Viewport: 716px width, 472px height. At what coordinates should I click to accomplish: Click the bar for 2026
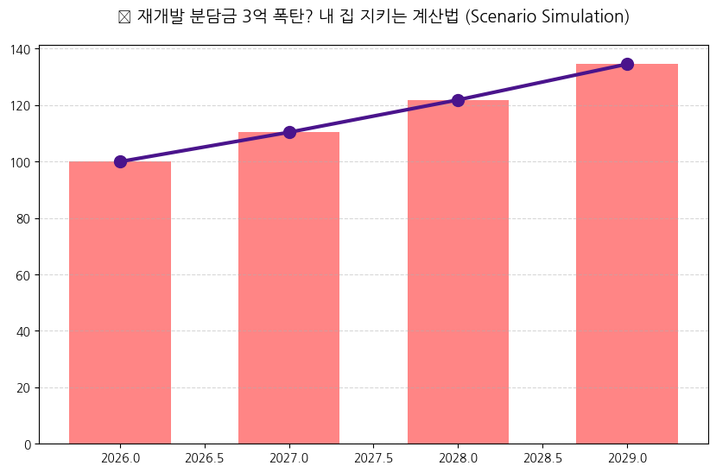(120, 302)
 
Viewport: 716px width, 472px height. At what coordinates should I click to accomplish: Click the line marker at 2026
(120, 161)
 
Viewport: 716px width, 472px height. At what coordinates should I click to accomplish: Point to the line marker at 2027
(289, 132)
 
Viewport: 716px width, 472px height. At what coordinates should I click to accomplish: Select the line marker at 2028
(458, 100)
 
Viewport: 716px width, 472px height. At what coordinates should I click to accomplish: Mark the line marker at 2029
(627, 64)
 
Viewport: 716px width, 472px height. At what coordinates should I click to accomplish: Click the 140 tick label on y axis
(22, 49)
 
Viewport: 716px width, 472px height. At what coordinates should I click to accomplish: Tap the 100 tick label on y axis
(22, 162)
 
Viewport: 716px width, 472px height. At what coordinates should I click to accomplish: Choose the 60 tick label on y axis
(24, 275)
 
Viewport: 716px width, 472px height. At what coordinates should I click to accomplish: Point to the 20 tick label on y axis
(24, 387)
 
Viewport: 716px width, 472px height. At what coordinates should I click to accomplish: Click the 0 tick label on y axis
(28, 444)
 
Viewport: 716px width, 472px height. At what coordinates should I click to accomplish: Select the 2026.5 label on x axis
(205, 457)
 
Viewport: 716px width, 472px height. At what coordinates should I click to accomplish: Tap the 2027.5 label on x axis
(374, 457)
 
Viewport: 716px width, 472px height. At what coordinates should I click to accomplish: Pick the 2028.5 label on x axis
(542, 457)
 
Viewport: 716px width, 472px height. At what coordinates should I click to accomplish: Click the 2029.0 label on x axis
(627, 457)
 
